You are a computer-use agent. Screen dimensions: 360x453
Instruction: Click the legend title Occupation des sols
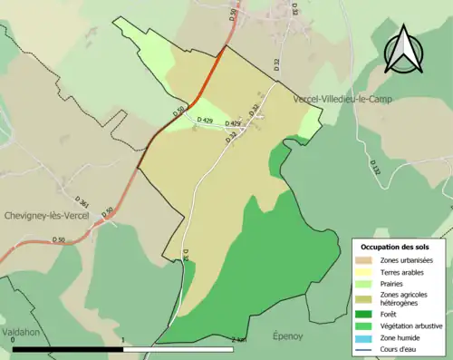coord(395,247)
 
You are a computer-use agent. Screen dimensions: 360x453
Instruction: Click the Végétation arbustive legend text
coord(412,325)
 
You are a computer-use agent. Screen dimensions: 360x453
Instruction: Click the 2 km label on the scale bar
coord(238,339)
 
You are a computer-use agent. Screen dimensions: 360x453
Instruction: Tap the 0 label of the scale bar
coord(13,339)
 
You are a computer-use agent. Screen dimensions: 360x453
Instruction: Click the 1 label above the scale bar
coord(122,339)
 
